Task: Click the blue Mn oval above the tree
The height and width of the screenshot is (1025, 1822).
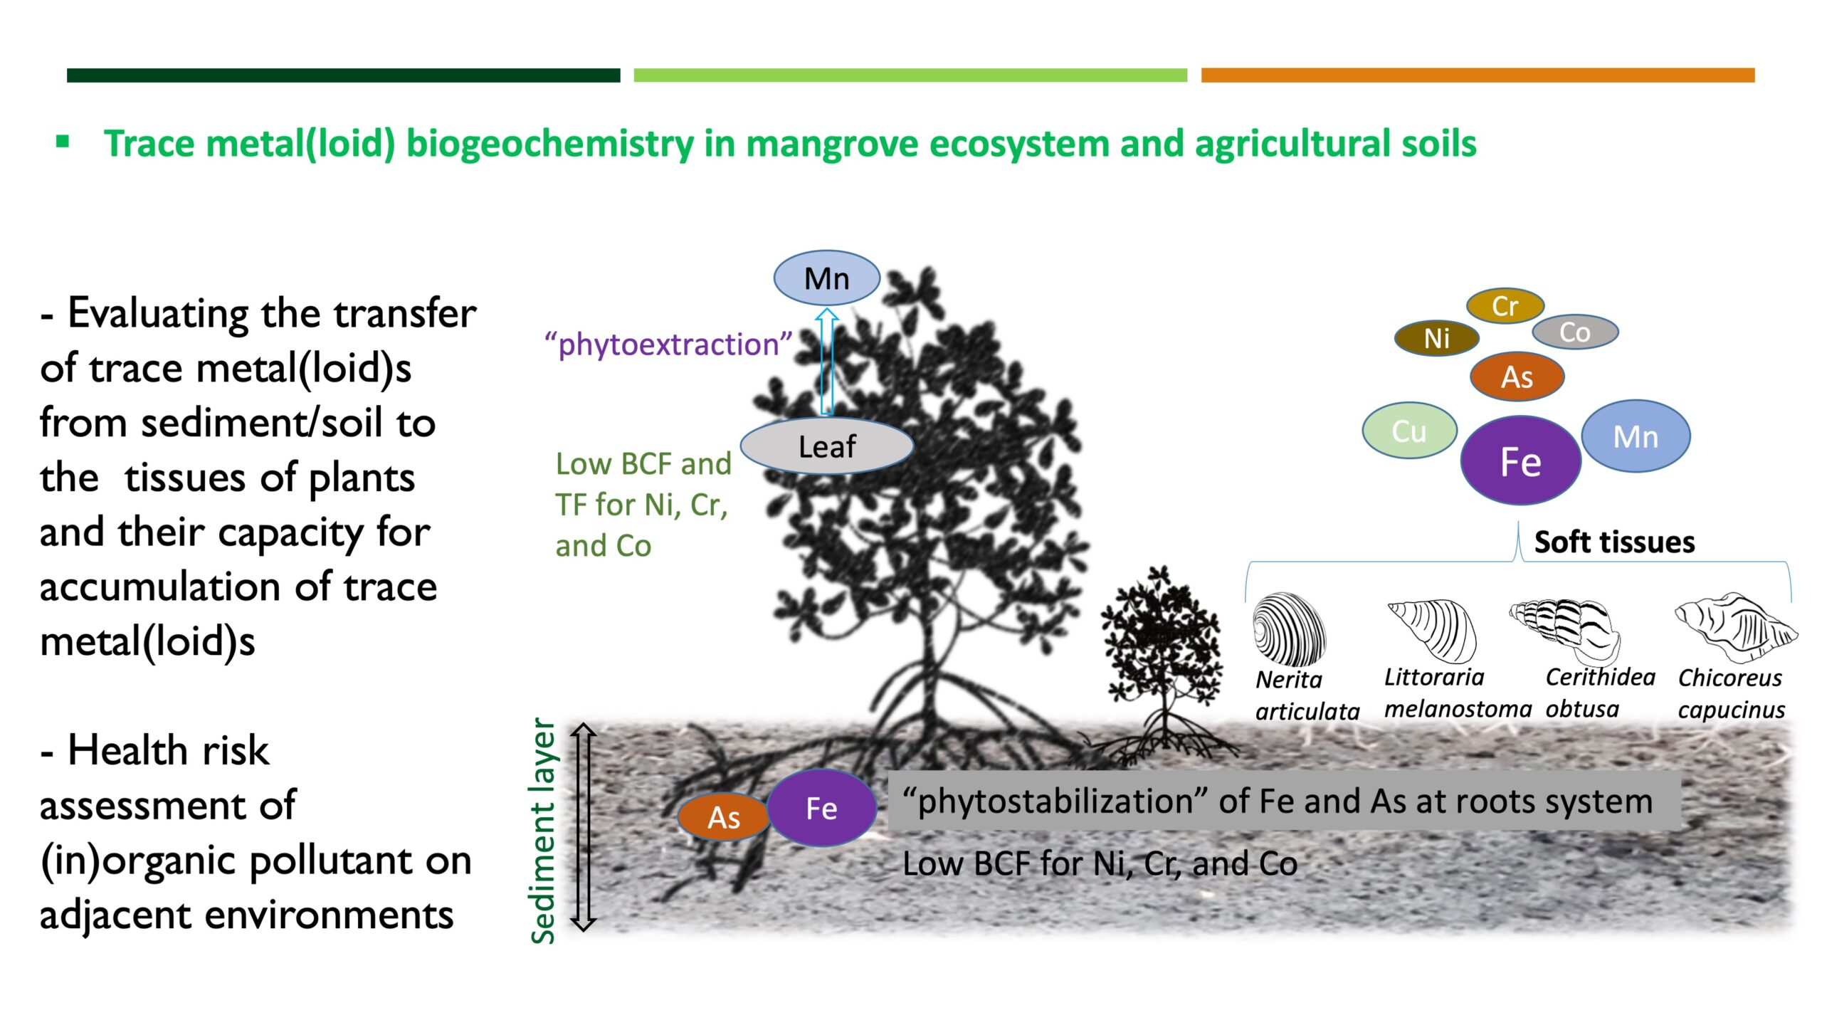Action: click(x=826, y=278)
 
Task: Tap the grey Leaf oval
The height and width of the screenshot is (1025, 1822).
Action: click(x=827, y=446)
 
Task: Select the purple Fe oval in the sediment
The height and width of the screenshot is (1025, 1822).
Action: click(x=821, y=808)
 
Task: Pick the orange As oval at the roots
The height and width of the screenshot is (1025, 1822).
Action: click(x=724, y=817)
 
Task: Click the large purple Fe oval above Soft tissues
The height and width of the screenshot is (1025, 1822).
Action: click(x=1521, y=461)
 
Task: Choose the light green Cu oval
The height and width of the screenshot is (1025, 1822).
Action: click(x=1409, y=431)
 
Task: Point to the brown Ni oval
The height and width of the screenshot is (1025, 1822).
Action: click(x=1437, y=338)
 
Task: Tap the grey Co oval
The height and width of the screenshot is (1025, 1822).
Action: click(x=1575, y=332)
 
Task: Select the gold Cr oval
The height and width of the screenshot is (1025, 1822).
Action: click(x=1505, y=306)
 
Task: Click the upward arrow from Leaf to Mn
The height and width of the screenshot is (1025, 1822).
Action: click(x=826, y=361)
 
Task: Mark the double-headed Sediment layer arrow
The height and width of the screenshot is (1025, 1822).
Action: click(x=584, y=827)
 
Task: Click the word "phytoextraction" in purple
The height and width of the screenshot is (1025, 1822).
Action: click(x=668, y=345)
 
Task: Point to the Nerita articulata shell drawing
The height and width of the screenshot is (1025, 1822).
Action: click(x=1289, y=629)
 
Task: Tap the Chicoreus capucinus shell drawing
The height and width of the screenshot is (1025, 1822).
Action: click(x=1736, y=627)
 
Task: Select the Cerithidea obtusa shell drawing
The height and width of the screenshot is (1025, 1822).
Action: click(x=1565, y=629)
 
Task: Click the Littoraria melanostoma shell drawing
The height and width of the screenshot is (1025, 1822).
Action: click(x=1432, y=630)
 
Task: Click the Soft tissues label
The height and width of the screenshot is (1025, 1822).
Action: click(x=1614, y=542)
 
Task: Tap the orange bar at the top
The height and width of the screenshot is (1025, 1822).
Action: click(x=1478, y=75)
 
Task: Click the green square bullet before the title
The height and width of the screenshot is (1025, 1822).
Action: click(x=63, y=141)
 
